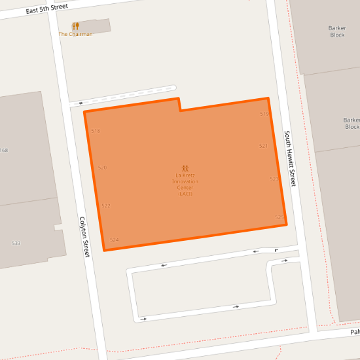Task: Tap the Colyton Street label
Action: tap(83, 236)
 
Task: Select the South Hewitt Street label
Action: tap(289, 158)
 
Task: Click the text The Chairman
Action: tap(75, 34)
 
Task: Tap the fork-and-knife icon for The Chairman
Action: tap(76, 26)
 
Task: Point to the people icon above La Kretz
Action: tap(185, 168)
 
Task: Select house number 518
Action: tap(96, 131)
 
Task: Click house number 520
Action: tap(102, 168)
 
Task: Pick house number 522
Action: tap(106, 206)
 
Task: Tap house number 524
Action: tap(115, 240)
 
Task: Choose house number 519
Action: tap(264, 114)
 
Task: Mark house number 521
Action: tap(263, 145)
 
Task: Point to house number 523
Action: tap(274, 178)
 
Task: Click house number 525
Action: tap(279, 217)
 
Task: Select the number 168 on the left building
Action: tap(4, 151)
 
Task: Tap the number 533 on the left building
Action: tap(16, 243)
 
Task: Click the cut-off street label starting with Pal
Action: tap(354, 332)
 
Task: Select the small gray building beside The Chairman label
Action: tap(98, 26)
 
